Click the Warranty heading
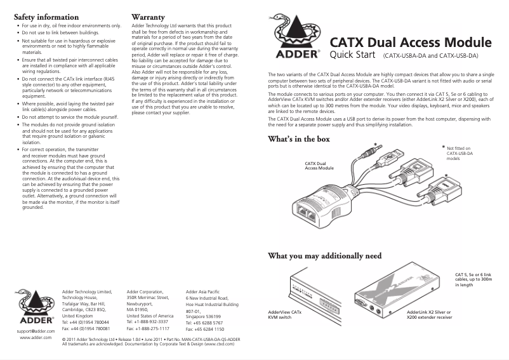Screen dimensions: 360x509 [x=148, y=16]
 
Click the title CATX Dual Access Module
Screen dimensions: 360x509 [x=411, y=43]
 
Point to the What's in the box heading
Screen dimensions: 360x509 [x=299, y=138]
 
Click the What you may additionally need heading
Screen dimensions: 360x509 [x=325, y=256]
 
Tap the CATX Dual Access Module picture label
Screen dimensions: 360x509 [x=319, y=166]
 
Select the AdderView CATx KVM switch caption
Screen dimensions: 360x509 [x=285, y=315]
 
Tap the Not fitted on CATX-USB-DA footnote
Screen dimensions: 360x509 [x=459, y=154]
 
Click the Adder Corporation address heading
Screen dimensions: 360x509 [x=145, y=291]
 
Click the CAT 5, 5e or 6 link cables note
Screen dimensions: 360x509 [x=478, y=279]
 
